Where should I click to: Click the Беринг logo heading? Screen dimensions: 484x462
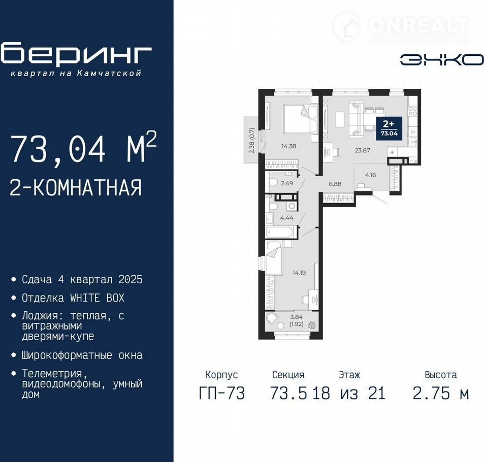tap(76, 54)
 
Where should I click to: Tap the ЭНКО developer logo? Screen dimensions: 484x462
tap(442, 60)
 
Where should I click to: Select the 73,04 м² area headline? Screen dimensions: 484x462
tap(83, 147)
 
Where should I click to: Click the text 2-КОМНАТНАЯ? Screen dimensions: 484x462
tap(76, 188)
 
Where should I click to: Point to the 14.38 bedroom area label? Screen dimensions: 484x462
tap(288, 146)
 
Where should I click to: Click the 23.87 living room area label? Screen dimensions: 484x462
tap(363, 151)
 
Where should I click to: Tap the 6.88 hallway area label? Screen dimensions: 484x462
tap(335, 184)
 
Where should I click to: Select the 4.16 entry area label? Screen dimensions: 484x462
tap(370, 175)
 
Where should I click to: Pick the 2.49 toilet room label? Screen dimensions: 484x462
tap(287, 183)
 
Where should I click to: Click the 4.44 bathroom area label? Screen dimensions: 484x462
tap(287, 218)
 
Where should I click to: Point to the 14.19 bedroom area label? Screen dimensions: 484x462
tap(299, 273)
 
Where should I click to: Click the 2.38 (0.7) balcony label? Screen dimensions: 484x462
tap(252, 141)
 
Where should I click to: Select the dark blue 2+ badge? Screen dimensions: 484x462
tap(389, 128)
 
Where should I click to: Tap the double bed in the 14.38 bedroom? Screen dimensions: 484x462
tap(300, 119)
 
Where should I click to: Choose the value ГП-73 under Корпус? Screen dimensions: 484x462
tap(221, 393)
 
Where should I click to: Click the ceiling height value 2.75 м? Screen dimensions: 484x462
tap(441, 393)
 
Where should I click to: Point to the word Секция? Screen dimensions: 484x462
tap(288, 375)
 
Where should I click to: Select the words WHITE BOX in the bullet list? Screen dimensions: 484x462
tap(97, 298)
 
